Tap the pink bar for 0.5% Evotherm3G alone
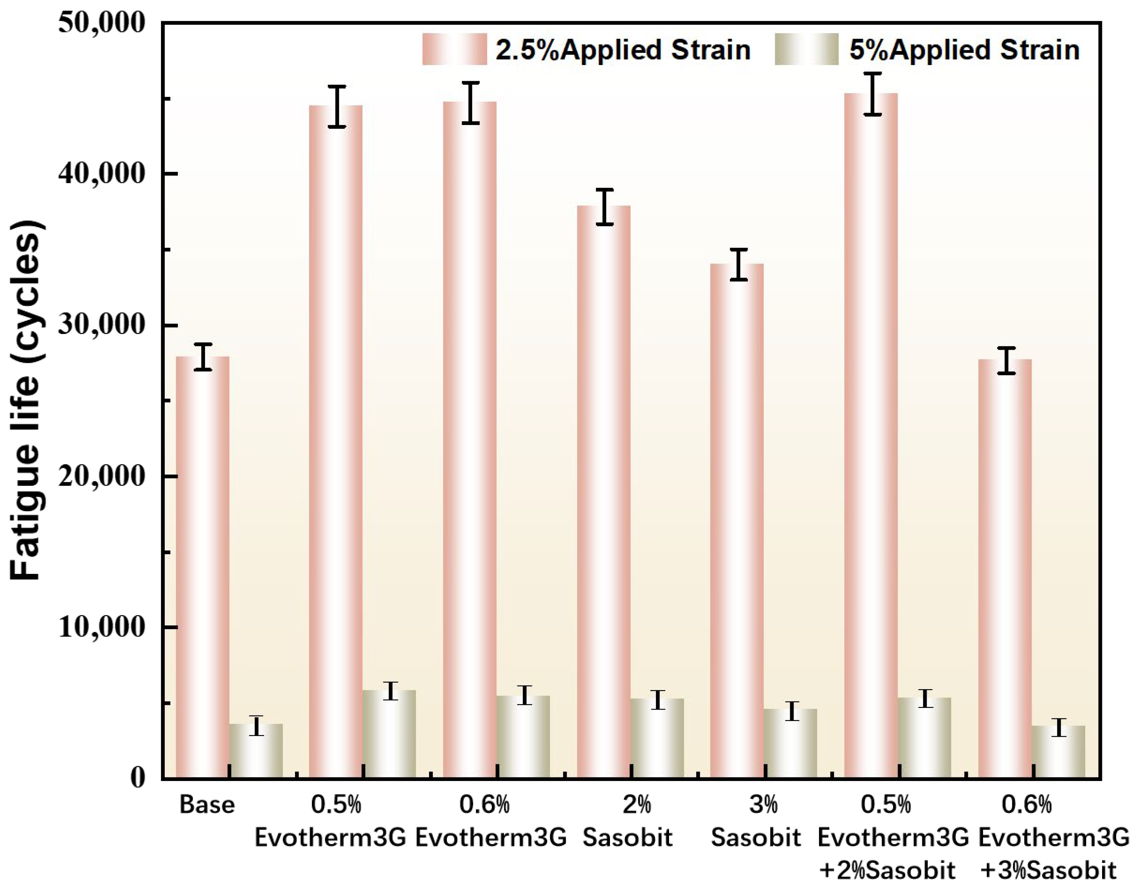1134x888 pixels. pos(336,442)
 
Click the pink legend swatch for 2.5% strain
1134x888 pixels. pos(454,49)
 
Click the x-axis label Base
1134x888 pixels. pos(207,805)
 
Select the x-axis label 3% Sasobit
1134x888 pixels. pos(756,822)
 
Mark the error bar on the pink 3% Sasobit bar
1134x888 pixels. pos(738,265)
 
